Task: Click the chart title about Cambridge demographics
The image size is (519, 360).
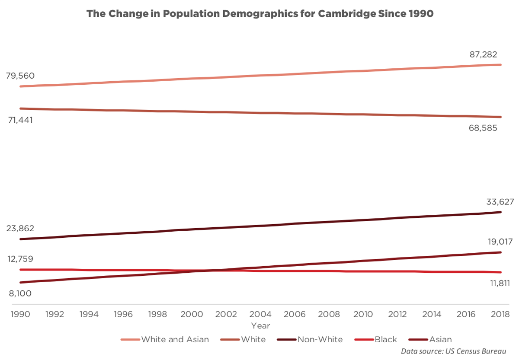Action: click(x=259, y=13)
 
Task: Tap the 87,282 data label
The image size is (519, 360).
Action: click(x=484, y=55)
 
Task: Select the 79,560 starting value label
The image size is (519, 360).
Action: click(x=20, y=76)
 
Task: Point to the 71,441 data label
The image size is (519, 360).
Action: click(x=20, y=119)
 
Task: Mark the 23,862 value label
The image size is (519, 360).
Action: click(x=20, y=228)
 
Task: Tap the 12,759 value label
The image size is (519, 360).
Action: click(x=20, y=259)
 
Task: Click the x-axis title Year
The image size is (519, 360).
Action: click(x=260, y=325)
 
